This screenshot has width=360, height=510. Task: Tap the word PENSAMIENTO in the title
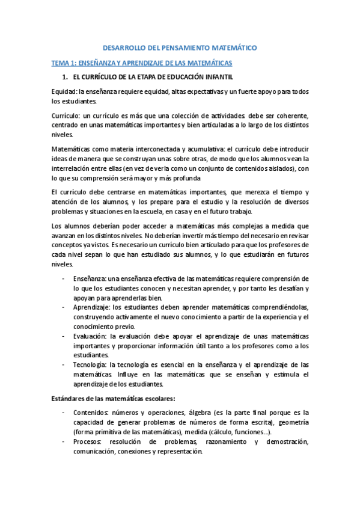pyautogui.click(x=194, y=46)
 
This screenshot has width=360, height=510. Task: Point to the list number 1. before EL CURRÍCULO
pyautogui.click(x=66, y=78)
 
